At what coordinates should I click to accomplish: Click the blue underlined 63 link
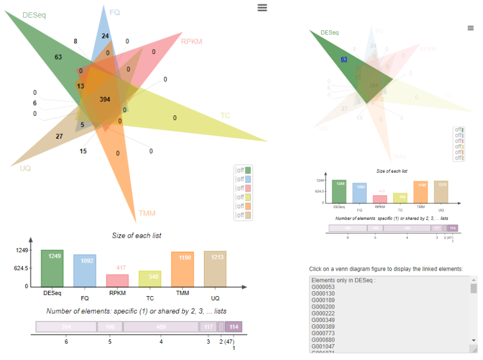coord(344,60)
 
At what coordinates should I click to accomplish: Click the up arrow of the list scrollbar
coord(474,280)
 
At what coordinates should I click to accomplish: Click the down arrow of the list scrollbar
coord(474,340)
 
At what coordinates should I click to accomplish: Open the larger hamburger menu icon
coord(262,7)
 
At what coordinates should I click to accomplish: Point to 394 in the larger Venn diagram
coord(105,100)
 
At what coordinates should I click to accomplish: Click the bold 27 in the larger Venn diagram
coord(59,136)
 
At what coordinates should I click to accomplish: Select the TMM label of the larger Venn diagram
coord(147,213)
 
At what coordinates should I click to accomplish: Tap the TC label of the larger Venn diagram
coord(225,115)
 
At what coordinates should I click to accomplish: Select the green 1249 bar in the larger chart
coord(52,269)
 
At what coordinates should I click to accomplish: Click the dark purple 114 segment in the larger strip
coord(234,327)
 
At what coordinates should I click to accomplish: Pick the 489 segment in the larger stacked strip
coord(161,327)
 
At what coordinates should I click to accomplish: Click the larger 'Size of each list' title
coord(136,235)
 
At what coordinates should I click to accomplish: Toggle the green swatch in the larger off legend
coord(248,171)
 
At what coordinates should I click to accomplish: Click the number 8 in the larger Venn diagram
coord(76,42)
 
